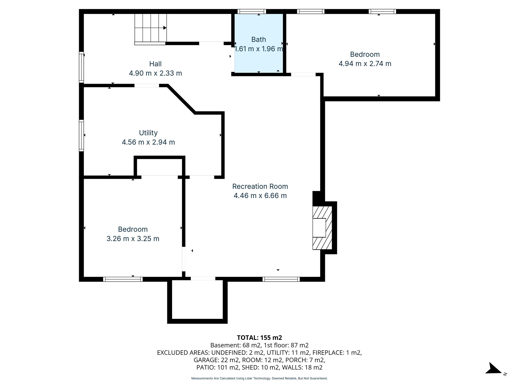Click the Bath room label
[x=258, y=40]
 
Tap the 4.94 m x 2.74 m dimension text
[x=365, y=64]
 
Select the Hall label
[x=155, y=64]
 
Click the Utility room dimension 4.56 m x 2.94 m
[x=148, y=142]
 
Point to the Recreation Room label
[x=260, y=186]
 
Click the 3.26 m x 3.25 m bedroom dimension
[x=133, y=239]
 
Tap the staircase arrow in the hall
[x=165, y=28]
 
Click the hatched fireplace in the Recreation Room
[x=322, y=228]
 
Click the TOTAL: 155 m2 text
[x=259, y=338]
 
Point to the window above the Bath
[x=252, y=11]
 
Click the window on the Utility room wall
[x=81, y=135]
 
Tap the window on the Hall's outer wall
[x=81, y=67]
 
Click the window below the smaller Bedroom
[x=123, y=279]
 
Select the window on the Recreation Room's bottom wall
[x=281, y=279]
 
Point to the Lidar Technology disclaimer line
[x=259, y=378]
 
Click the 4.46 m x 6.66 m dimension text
[x=260, y=196]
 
